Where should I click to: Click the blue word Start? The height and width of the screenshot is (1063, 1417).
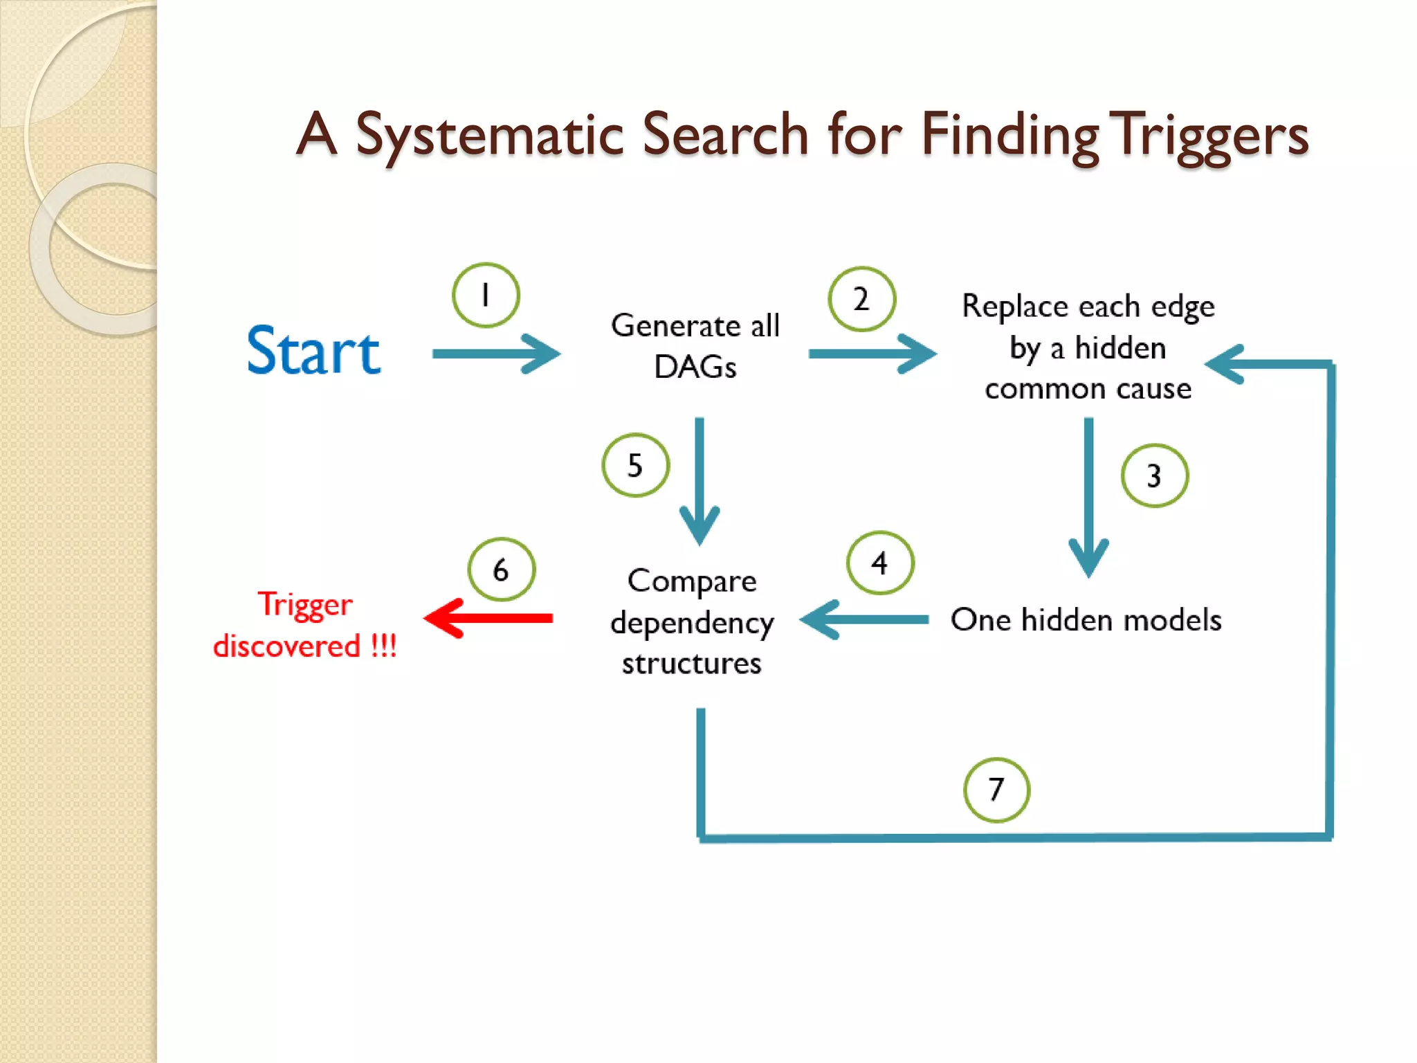(x=313, y=352)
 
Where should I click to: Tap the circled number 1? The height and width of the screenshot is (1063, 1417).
(x=486, y=296)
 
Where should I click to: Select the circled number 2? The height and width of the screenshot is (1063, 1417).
(x=861, y=299)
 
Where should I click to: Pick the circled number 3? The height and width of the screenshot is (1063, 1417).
(x=1154, y=476)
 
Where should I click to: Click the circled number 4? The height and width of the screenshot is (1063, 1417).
(x=879, y=563)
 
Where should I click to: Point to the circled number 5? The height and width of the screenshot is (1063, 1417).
(x=635, y=465)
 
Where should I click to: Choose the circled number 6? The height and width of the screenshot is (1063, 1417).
(x=501, y=570)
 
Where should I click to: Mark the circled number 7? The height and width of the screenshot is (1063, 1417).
(x=996, y=790)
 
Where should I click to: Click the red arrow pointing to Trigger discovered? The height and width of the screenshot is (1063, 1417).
(x=488, y=618)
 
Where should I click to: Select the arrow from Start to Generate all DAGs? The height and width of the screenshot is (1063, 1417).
(x=495, y=354)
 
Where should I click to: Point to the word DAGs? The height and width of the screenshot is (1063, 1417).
(x=695, y=367)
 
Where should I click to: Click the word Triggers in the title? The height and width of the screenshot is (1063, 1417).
(x=1211, y=135)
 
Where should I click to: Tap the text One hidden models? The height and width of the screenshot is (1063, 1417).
(x=1086, y=619)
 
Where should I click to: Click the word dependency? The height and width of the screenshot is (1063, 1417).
(x=692, y=623)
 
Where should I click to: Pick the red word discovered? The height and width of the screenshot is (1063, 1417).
(x=287, y=646)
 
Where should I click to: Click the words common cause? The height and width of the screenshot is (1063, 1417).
(x=1088, y=389)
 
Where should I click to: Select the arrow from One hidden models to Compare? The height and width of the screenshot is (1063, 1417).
(x=865, y=619)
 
